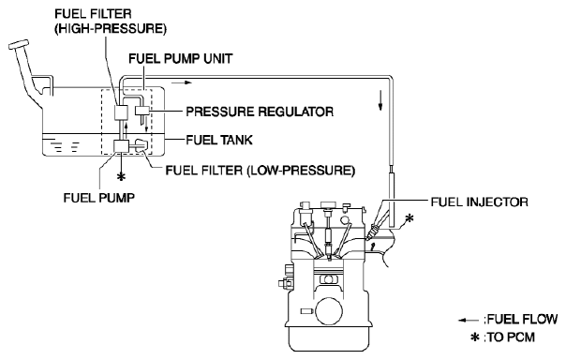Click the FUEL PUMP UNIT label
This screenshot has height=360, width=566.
click(181, 58)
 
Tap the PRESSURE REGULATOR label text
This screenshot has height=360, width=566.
click(260, 112)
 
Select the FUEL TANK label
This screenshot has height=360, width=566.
click(219, 140)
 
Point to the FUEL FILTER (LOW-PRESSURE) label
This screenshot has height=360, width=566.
click(261, 170)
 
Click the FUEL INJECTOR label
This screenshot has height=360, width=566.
click(480, 202)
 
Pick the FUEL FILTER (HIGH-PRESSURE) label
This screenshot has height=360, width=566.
click(111, 22)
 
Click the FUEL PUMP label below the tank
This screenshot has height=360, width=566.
click(99, 198)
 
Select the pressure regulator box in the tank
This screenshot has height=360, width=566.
click(142, 110)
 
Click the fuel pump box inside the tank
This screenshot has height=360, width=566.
click(121, 146)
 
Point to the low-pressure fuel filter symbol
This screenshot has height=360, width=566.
click(141, 145)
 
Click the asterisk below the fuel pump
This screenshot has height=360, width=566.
click(121, 177)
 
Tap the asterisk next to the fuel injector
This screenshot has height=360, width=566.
click(409, 217)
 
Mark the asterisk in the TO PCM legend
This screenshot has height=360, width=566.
click(475, 337)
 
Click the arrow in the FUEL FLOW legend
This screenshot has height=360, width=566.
click(469, 321)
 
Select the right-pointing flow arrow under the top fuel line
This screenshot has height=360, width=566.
click(182, 82)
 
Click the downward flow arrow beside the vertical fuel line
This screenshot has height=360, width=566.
click(380, 99)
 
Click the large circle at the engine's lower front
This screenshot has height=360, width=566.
click(329, 311)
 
